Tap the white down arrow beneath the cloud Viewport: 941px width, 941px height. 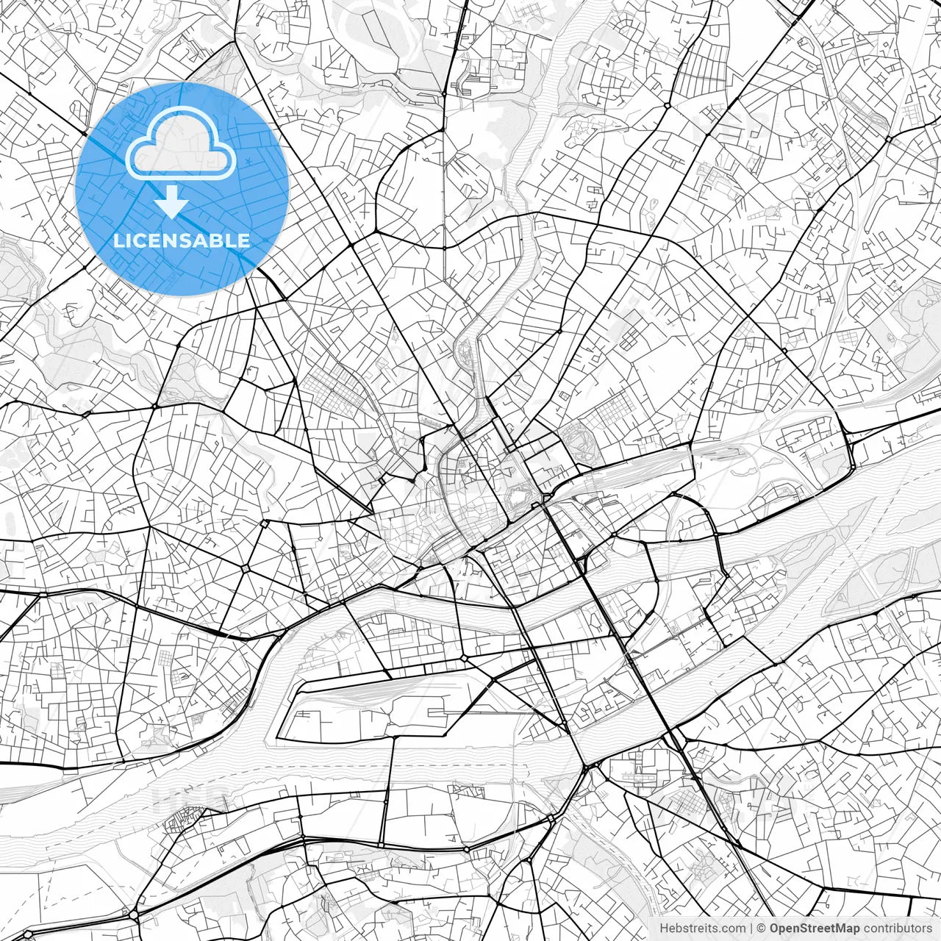[171, 203]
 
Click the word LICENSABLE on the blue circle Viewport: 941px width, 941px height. [181, 240]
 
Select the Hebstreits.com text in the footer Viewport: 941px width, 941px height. [702, 929]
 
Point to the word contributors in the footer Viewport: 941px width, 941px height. [898, 929]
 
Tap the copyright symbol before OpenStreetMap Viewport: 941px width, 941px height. [762, 929]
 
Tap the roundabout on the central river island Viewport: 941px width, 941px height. [466, 656]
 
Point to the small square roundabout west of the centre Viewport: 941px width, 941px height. [246, 569]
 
